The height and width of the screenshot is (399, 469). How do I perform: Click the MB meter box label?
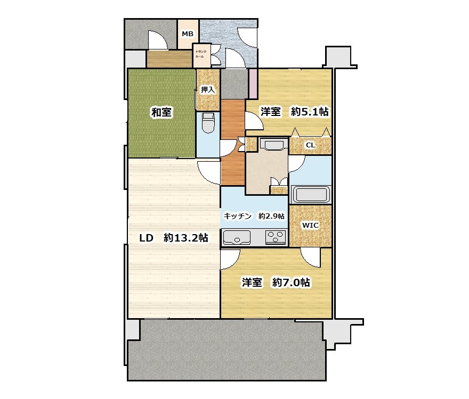point(188,34)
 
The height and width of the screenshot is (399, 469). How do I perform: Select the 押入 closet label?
point(208,89)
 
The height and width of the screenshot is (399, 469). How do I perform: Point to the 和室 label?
point(161,113)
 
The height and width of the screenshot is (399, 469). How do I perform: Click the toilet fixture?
point(208,123)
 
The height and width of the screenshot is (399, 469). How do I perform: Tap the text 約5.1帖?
point(310,112)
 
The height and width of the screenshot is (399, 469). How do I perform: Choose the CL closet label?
point(310,145)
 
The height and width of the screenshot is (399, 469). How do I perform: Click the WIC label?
point(310,226)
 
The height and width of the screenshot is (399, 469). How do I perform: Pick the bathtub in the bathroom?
point(311,194)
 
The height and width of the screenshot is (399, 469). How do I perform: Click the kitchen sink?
point(236,238)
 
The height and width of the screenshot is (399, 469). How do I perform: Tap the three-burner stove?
point(276,238)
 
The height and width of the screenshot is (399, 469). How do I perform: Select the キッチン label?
point(238,216)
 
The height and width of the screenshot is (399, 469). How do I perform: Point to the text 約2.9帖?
point(271,216)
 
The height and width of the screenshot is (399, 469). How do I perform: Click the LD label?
point(147,238)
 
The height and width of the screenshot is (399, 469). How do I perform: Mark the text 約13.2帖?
point(186,238)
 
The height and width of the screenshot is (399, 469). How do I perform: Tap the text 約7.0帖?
point(291,282)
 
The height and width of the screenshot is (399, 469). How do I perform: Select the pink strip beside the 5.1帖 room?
point(253,84)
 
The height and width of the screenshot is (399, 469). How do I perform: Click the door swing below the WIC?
point(311,257)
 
